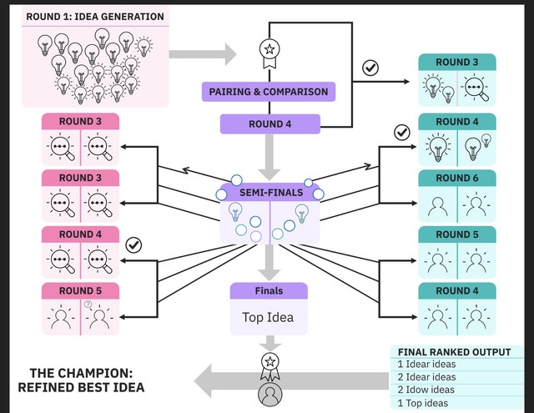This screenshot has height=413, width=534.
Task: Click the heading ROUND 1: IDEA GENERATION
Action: pos(95,17)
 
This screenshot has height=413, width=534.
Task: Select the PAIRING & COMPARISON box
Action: pos(269,92)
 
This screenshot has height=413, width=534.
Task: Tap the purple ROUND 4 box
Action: pos(270,124)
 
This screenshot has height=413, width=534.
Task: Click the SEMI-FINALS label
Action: pos(271,193)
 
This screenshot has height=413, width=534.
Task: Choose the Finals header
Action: pos(269,290)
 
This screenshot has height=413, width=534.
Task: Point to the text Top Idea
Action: pos(268,317)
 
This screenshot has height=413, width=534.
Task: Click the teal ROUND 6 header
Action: pos(457,178)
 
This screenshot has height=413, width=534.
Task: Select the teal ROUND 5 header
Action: pos(457,234)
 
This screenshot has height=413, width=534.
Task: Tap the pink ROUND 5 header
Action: pos(80,290)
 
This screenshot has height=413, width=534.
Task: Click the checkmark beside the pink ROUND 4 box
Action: pos(133,244)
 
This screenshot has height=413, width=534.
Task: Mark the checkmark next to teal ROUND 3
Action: pos(370,68)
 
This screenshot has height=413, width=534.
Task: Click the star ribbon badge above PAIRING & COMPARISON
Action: pos(270,53)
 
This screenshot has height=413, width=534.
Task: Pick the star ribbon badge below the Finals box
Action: pos(270,367)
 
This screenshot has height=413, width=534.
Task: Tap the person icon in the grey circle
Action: pos(270,395)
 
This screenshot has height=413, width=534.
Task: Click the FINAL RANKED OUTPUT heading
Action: pos(454,352)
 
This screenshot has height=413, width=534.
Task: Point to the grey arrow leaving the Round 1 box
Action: pos(203,54)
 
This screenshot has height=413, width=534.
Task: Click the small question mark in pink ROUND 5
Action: pos(88,304)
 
